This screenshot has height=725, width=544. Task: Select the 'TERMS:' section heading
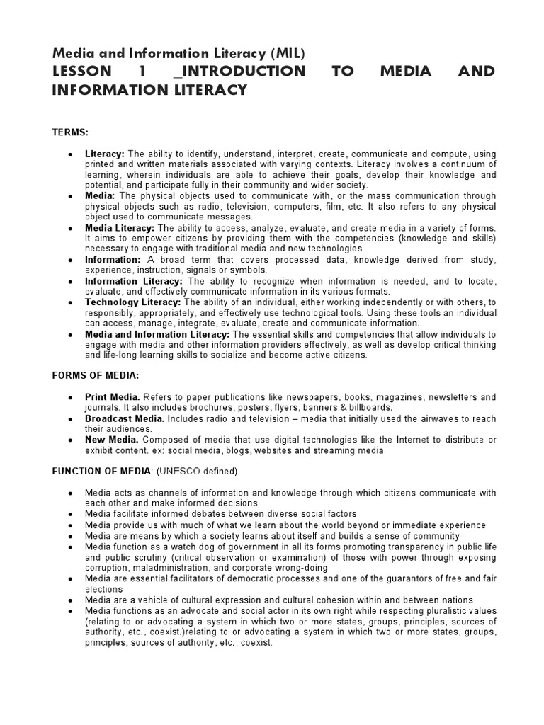[x=69, y=132]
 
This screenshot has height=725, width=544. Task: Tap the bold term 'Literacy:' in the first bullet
[x=105, y=154]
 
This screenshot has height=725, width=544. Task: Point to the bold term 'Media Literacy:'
[x=120, y=227]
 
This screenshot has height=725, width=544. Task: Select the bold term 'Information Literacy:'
[x=134, y=281]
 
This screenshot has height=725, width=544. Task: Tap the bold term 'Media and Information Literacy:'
[x=157, y=334]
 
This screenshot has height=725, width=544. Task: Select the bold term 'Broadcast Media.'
[x=125, y=419]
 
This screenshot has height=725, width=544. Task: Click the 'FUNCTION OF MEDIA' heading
[x=101, y=471]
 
